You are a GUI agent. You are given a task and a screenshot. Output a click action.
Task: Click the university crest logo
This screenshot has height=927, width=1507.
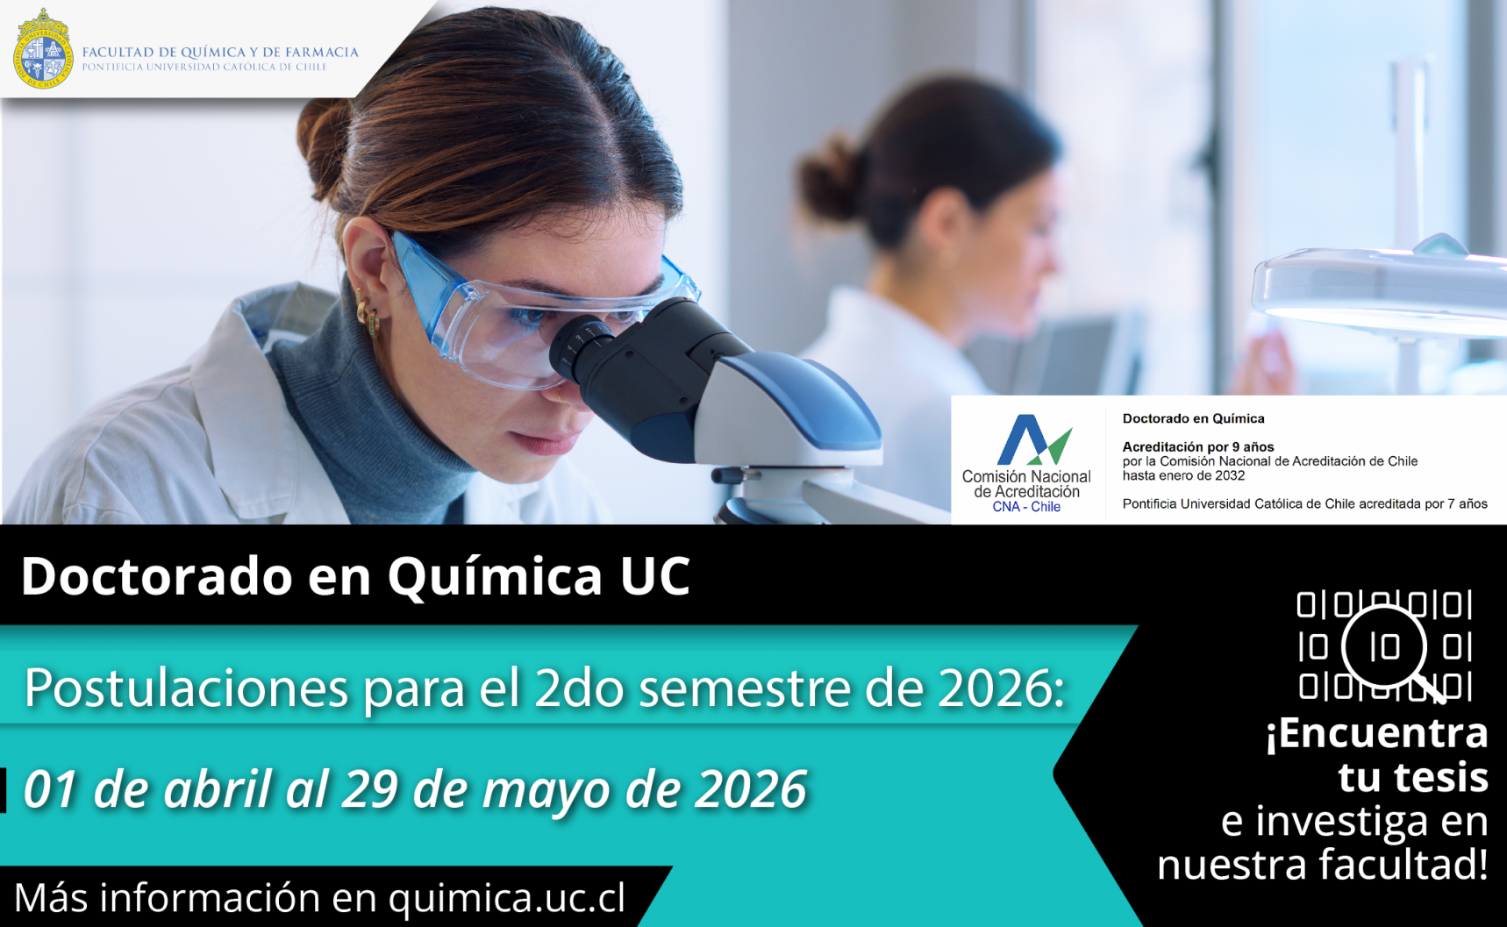(43, 48)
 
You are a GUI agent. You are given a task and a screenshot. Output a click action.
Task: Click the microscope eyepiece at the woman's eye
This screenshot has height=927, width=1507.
(581, 347)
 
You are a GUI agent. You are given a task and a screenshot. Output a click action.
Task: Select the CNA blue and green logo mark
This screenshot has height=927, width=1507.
(1034, 439)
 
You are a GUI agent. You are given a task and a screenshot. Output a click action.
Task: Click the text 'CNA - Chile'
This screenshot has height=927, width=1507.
(1026, 507)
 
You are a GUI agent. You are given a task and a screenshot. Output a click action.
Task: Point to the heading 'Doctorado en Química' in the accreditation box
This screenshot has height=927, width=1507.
(1193, 418)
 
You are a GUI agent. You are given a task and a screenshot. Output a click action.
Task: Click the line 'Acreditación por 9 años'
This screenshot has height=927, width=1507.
(1198, 446)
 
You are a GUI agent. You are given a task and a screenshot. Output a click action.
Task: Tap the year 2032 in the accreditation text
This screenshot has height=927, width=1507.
(1230, 475)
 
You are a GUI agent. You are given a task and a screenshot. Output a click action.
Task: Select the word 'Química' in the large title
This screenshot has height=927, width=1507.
(495, 576)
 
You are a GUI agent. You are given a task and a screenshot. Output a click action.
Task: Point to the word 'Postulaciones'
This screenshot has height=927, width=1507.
(186, 688)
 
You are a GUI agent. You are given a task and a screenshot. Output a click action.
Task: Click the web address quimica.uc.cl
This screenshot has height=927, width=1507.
(507, 897)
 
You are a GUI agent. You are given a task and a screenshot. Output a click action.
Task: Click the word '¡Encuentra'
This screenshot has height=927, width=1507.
(1376, 733)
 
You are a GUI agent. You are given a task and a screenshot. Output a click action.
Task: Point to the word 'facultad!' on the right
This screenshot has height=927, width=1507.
(1404, 864)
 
